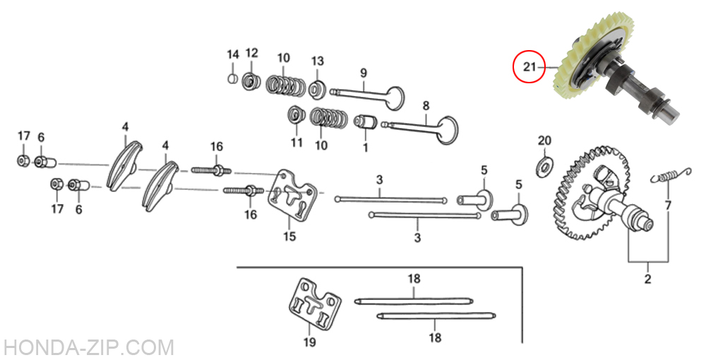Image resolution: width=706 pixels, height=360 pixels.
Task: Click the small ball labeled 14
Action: (x=232, y=78)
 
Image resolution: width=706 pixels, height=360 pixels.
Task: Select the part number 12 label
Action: (x=252, y=53)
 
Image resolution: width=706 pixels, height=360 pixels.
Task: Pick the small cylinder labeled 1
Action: (x=365, y=121)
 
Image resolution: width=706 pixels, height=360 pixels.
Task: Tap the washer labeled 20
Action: (x=544, y=165)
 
